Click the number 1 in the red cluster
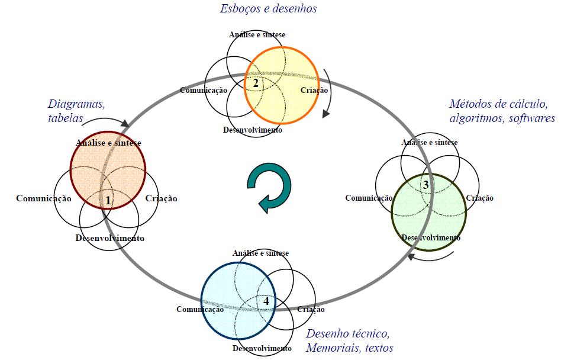108,201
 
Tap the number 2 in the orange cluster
256,83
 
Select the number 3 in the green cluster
425,185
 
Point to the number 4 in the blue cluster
266,301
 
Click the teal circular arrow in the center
269,188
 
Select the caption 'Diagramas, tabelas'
77,111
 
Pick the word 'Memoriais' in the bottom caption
331,347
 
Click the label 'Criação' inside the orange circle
314,90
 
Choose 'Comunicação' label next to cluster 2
204,90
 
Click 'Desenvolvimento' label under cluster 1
110,238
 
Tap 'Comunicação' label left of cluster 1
44,198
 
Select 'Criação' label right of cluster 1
161,199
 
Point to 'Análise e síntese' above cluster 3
429,142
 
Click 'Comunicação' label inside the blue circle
200,309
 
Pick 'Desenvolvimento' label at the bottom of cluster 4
262,348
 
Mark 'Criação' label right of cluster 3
479,198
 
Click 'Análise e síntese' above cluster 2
257,34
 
